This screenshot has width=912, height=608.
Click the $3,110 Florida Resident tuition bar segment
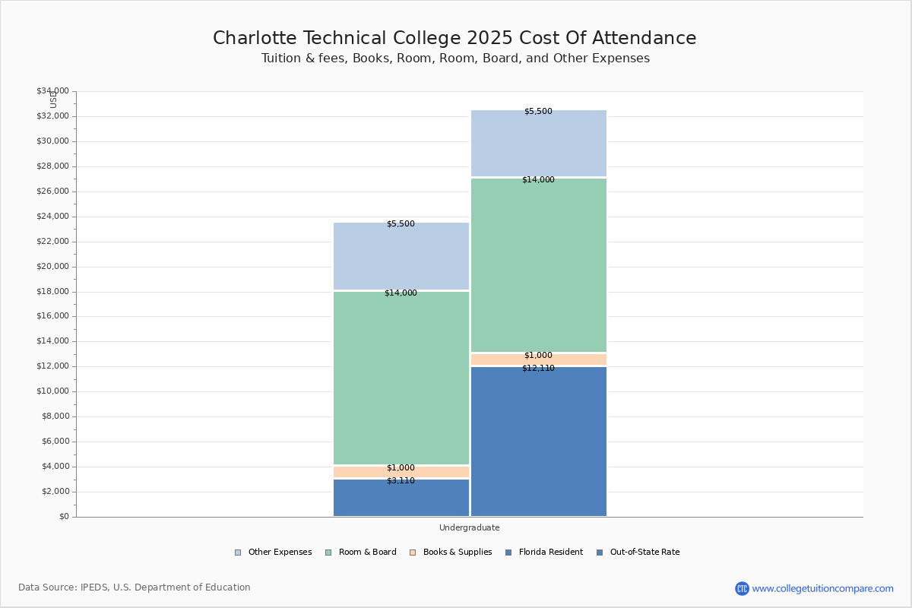click(401, 499)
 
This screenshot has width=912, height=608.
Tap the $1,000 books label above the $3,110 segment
click(401, 468)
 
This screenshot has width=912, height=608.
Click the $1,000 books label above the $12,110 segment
click(538, 356)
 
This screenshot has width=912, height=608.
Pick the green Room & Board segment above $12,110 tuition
click(538, 266)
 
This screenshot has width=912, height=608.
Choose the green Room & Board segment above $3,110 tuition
click(401, 380)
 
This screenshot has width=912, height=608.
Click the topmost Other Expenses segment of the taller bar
click(538, 144)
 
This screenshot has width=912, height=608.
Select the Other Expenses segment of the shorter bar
click(401, 257)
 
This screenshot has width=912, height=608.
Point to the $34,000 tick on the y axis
click(52, 91)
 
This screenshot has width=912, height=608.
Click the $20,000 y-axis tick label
click(52, 267)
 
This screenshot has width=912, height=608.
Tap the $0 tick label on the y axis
click(63, 517)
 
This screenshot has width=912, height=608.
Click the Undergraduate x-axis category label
click(469, 527)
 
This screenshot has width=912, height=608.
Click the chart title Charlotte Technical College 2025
click(454, 39)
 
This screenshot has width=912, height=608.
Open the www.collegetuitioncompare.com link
click(822, 588)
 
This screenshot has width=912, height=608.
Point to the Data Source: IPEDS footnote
click(135, 587)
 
